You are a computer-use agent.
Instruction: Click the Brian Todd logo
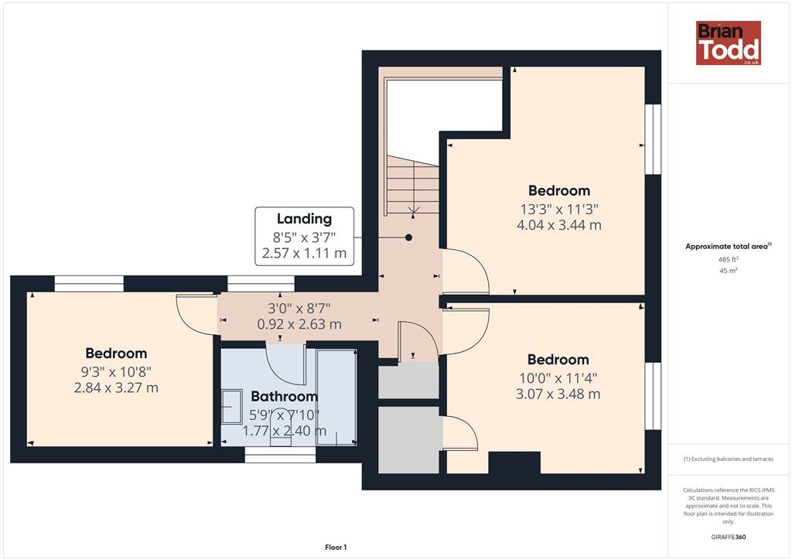(729, 43)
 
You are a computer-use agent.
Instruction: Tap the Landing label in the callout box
(304, 219)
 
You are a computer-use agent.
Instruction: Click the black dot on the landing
(408, 237)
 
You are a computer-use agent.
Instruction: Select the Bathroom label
(285, 396)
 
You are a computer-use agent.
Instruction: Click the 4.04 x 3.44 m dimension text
(559, 225)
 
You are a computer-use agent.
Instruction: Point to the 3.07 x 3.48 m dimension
(558, 394)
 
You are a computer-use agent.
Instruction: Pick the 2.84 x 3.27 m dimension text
(116, 388)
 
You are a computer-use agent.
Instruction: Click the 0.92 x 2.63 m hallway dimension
(299, 324)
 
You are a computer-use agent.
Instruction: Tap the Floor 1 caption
(336, 548)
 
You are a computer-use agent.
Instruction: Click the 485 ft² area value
(728, 259)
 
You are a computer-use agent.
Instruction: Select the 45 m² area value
(729, 271)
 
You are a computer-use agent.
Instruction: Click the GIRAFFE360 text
(729, 537)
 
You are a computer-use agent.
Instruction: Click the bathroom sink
(232, 406)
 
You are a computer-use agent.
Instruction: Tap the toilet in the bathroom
(281, 429)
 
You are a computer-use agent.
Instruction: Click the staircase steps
(413, 184)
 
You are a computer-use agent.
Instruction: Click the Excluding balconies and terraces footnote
(729, 459)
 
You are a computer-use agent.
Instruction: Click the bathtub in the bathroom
(336, 397)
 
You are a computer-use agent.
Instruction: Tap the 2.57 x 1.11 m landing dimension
(304, 253)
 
